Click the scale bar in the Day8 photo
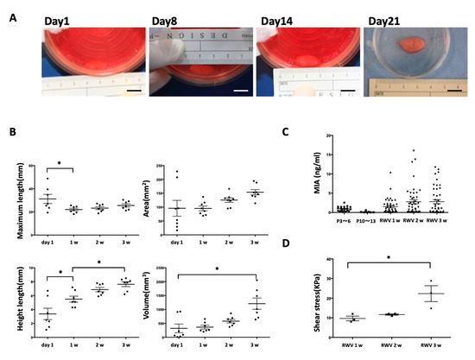241,88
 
